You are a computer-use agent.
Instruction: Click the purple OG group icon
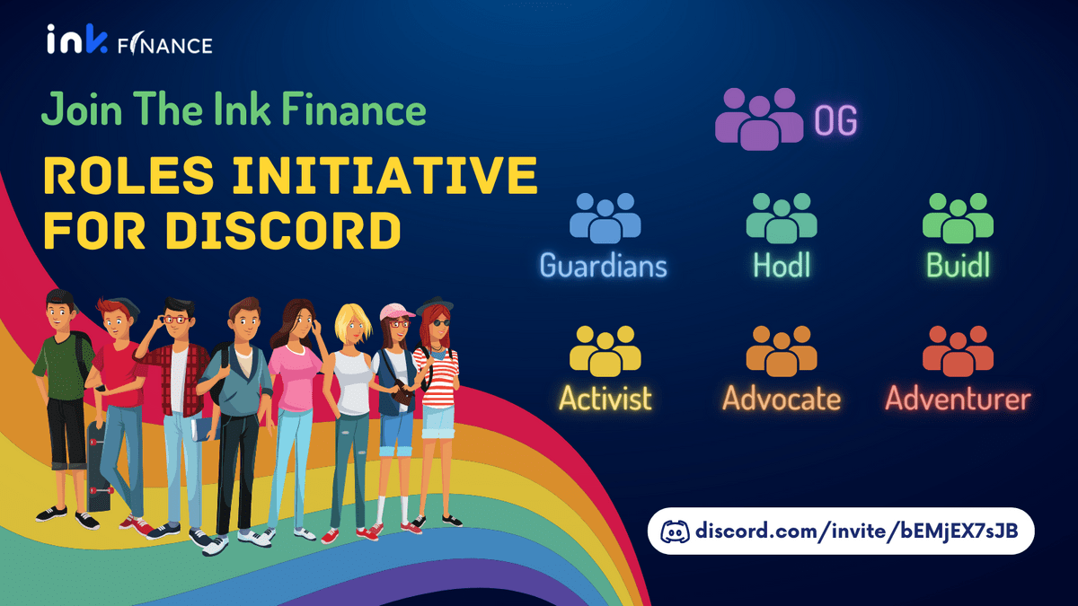759,119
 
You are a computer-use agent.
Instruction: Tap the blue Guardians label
604,265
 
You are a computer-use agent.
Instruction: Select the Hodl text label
782,265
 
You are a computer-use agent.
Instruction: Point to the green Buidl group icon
958,218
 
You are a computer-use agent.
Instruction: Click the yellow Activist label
605,398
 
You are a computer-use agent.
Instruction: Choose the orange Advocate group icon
782,351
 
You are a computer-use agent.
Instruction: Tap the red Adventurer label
958,399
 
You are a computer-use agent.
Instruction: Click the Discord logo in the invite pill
675,531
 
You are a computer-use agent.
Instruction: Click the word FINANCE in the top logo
165,44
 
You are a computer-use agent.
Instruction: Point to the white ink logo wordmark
77,40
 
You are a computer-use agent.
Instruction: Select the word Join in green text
82,110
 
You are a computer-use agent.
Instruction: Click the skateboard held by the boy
98,466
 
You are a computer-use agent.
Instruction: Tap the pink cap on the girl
396,312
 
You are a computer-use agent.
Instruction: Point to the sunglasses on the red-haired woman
440,322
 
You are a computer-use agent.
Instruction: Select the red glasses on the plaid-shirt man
176,320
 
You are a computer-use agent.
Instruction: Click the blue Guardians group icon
605,218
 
